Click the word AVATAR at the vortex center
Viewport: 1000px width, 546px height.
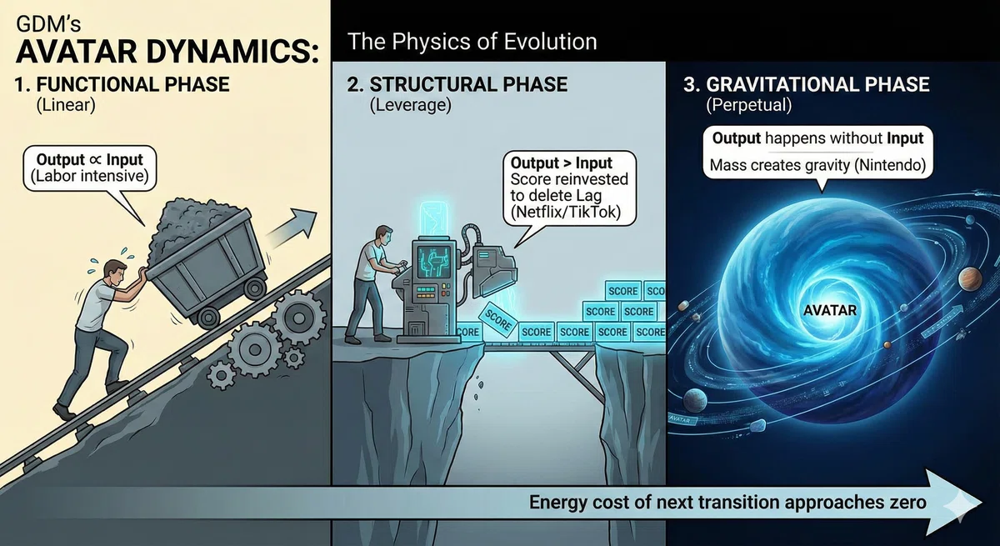coord(829,310)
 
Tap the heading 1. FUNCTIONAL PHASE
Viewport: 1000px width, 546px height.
coord(122,84)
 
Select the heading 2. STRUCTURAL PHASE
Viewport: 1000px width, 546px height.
coord(457,84)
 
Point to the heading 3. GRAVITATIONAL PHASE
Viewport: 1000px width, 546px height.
coord(807,84)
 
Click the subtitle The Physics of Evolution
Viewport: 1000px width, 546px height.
coord(472,42)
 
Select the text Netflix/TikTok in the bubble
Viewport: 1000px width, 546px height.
coord(566,212)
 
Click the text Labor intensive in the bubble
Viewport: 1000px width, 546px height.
coord(89,176)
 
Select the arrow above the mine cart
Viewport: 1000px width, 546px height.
coord(292,228)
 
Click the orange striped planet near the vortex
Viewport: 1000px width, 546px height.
coord(969,279)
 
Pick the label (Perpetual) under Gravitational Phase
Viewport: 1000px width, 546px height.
coord(748,105)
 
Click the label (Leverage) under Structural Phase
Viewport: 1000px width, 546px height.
coord(410,105)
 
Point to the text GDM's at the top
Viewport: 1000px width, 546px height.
coord(48,24)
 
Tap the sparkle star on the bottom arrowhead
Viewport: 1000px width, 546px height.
coord(960,503)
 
